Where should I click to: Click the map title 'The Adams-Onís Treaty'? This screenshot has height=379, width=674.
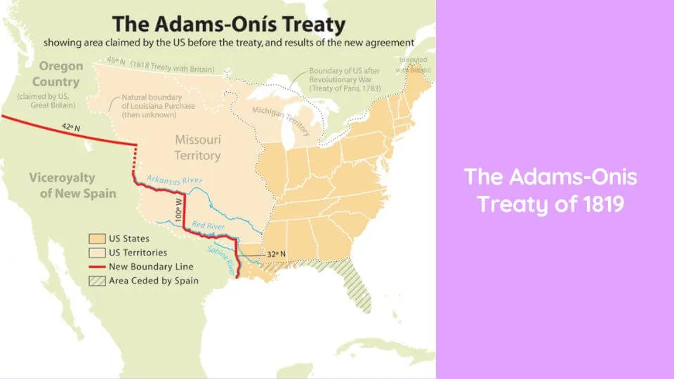[229, 24]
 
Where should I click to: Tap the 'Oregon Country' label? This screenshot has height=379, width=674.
[58, 74]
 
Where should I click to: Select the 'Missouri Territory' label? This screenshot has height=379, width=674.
[198, 147]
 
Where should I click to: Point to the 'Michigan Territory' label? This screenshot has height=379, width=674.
[281, 121]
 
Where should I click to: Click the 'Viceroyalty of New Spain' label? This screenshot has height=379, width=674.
[72, 185]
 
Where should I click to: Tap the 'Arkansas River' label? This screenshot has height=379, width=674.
[175, 180]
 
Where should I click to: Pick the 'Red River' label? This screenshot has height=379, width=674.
[208, 225]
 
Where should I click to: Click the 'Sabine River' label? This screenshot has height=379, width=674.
[222, 260]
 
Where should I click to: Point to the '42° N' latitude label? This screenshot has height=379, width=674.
[71, 127]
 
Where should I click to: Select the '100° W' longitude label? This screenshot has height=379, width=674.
[179, 210]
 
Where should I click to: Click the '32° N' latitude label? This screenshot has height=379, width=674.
[276, 254]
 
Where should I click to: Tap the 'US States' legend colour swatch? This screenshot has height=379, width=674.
[97, 239]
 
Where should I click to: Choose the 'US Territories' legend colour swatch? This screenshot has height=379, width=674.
[97, 253]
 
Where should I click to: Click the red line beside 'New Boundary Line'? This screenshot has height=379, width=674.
[97, 267]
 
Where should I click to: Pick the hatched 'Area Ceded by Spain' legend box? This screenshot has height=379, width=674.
[97, 281]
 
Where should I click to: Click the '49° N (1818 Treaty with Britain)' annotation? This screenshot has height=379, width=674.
[160, 65]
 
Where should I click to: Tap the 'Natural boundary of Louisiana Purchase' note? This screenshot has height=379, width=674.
[158, 106]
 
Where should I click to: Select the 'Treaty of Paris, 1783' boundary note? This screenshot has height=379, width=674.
[345, 79]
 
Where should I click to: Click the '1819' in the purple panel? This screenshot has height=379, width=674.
[604, 204]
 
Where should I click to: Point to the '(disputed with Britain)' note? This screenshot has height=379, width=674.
[413, 65]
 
